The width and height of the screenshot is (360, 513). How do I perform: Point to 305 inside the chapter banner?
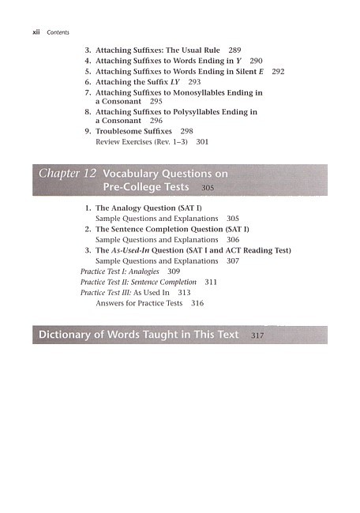208,189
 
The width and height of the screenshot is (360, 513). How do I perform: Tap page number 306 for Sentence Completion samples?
232,239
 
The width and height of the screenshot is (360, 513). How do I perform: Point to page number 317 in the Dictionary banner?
257,336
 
